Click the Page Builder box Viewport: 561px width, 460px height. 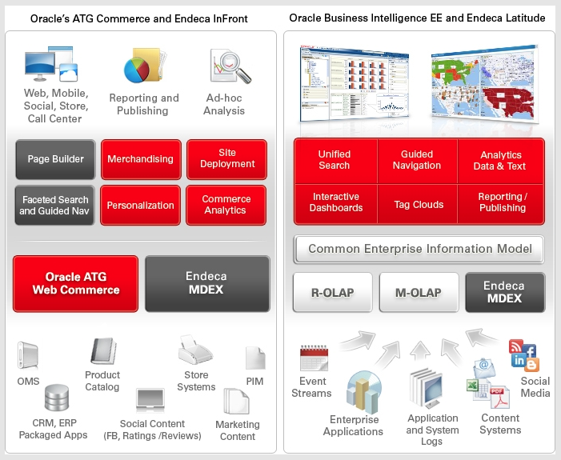point(55,159)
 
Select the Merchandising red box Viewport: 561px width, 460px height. point(141,159)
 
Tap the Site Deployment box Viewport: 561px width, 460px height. point(226,159)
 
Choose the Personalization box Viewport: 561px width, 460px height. point(140,206)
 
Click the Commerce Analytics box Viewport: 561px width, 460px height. point(226,206)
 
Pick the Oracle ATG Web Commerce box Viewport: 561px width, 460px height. point(75,284)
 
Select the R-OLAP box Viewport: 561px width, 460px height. point(332,292)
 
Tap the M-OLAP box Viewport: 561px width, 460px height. point(419,292)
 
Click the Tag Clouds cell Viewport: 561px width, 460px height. point(418,204)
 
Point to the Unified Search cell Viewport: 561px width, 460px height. point(335,161)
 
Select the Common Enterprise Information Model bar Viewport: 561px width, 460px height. point(419,249)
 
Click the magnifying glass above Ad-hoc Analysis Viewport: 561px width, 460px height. point(235,67)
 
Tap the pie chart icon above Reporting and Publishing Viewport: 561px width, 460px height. point(137,70)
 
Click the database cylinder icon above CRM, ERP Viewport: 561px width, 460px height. point(57,398)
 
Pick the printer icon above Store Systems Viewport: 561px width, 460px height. point(195,350)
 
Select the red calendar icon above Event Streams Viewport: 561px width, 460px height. point(314,358)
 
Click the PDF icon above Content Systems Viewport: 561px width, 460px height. point(499,397)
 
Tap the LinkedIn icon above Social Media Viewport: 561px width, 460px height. point(518,360)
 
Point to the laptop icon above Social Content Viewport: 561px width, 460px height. point(150,400)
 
